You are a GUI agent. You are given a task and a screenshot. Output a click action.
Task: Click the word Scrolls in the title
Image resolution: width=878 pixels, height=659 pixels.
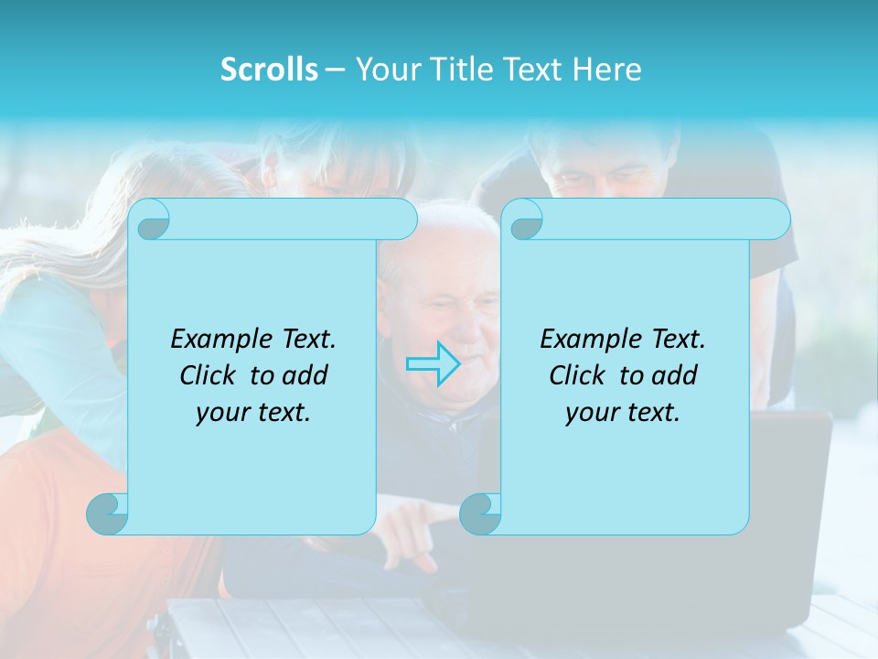tap(269, 70)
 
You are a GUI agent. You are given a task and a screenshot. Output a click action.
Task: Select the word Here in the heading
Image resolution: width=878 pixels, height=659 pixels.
tap(607, 70)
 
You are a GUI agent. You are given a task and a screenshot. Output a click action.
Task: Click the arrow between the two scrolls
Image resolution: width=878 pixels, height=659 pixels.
tap(433, 363)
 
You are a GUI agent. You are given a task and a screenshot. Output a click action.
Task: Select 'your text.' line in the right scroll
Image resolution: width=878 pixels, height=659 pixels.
tap(623, 412)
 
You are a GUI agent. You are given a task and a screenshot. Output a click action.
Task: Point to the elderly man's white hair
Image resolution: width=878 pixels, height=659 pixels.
tap(448, 229)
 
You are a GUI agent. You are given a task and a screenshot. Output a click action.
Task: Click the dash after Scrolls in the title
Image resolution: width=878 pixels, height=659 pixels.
tap(335, 70)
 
